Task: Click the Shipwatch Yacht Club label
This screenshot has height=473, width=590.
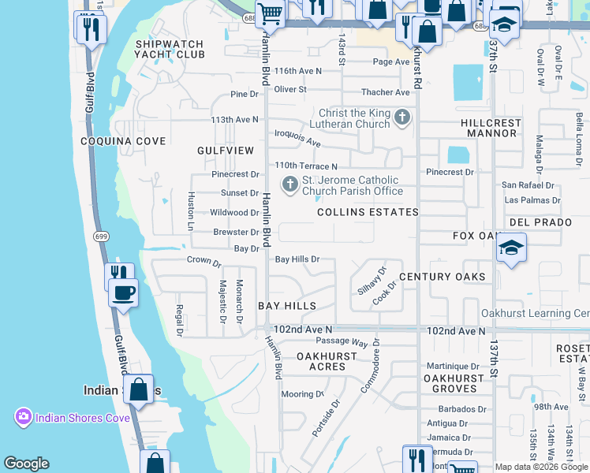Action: point(170,49)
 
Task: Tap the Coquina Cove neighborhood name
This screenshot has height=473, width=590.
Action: point(123,141)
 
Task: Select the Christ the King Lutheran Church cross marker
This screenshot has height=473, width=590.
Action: point(402,118)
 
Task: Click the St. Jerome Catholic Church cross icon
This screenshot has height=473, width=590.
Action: point(289,185)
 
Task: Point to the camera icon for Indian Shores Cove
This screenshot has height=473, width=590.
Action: point(23,417)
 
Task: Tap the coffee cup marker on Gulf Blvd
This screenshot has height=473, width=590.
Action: point(123,293)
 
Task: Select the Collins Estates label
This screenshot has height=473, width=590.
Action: point(368,212)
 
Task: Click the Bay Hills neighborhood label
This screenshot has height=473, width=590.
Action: point(287,306)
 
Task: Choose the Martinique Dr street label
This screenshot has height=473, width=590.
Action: point(453,367)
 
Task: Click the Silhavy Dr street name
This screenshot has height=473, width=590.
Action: point(372,281)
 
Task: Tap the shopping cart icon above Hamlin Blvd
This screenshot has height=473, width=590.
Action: point(270,13)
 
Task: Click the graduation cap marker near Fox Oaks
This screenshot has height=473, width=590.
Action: point(511,248)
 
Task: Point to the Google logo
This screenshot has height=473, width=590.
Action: point(26,464)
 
